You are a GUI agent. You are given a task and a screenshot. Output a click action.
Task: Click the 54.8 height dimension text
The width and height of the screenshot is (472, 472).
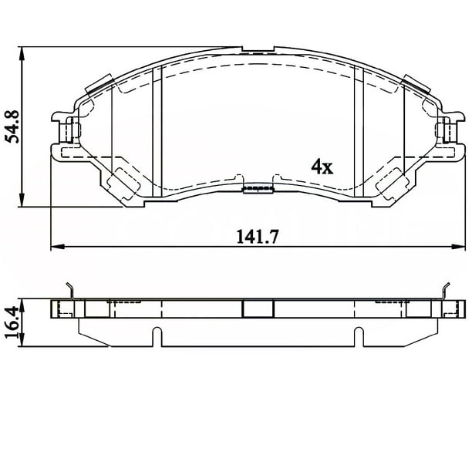[12, 126]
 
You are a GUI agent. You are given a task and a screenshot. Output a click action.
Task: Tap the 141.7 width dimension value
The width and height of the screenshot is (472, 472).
[258, 237]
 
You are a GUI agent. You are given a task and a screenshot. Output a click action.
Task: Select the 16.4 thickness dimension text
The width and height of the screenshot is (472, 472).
[12, 322]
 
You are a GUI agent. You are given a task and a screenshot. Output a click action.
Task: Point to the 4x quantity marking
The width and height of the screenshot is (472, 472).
[322, 167]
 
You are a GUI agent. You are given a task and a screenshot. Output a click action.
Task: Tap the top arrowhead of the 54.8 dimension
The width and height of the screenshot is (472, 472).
[22, 54]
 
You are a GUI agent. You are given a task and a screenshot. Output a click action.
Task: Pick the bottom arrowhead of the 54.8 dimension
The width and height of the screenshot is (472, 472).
[22, 200]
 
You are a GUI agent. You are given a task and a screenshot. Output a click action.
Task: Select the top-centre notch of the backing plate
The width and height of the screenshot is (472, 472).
[258, 49]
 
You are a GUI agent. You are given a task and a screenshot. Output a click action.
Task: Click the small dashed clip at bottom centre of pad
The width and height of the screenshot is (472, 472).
[258, 189]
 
